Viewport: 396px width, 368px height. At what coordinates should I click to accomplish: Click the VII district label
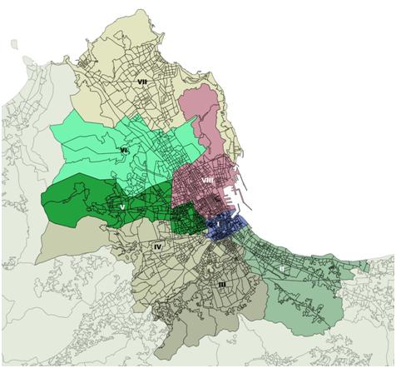[142, 82]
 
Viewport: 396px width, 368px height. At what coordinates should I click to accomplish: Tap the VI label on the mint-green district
[123, 150]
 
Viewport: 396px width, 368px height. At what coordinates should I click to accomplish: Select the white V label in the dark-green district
[122, 206]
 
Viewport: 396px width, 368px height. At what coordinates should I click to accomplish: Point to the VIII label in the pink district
[207, 179]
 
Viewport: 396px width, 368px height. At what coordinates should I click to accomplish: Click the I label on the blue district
[218, 224]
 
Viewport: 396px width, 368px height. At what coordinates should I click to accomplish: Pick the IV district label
[157, 246]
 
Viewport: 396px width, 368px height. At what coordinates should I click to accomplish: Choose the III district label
[221, 285]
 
